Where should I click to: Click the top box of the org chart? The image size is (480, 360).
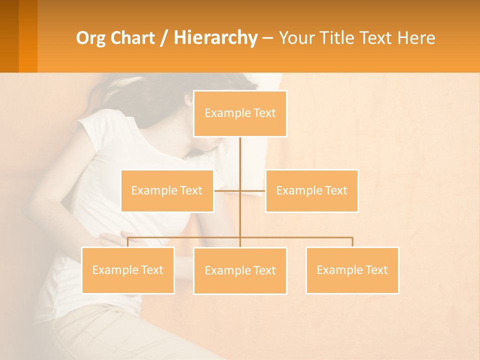click(x=240, y=113)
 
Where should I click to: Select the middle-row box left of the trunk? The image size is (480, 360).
click(x=167, y=190)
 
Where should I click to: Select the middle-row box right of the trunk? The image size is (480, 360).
click(x=311, y=190)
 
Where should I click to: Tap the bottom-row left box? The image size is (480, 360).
click(x=128, y=270)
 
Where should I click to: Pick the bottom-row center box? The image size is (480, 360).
click(x=240, y=270)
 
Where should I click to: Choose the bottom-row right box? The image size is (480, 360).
click(x=352, y=270)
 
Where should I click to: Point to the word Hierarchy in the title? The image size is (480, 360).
click(x=215, y=38)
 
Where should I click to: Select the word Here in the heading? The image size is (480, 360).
click(x=415, y=38)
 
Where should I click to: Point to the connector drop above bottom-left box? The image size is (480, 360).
click(x=128, y=242)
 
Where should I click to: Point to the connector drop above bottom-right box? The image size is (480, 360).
click(x=352, y=242)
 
